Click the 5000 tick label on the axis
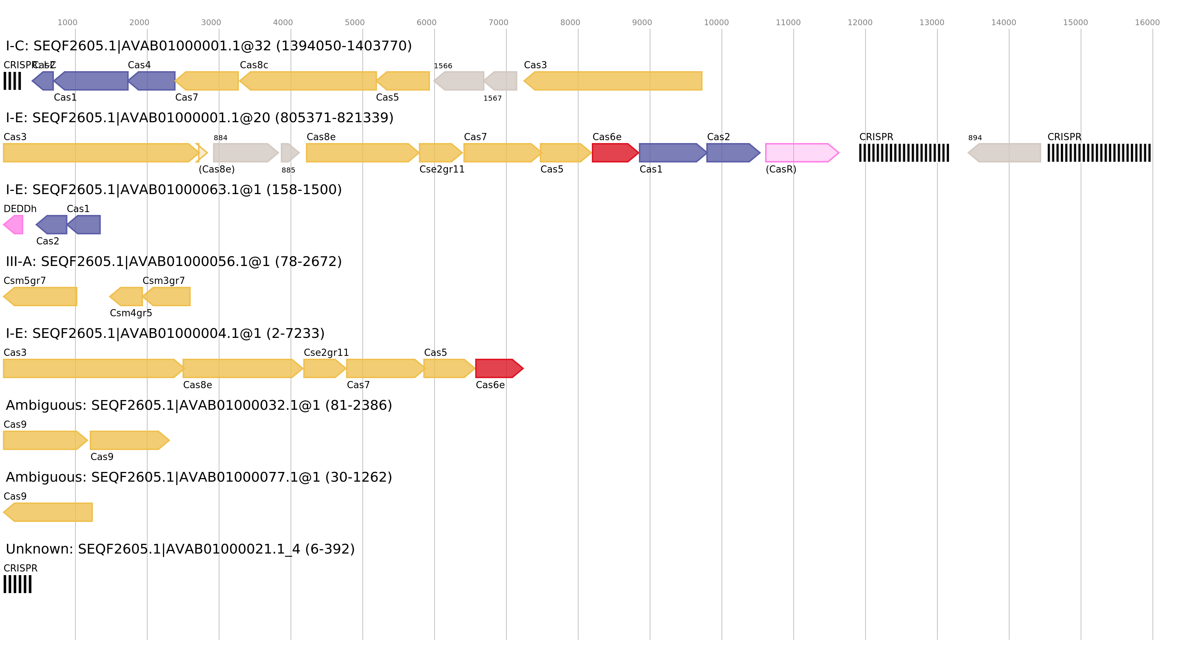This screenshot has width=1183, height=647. point(354,23)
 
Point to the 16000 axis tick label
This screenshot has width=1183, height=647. point(1147,23)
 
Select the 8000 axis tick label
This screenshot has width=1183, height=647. point(570,23)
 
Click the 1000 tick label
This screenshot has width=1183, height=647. point(67,23)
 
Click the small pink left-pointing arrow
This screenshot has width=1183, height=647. point(13,225)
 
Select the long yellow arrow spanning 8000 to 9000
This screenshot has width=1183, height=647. point(613,81)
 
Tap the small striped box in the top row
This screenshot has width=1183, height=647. point(13,81)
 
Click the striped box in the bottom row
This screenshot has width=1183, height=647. point(18,584)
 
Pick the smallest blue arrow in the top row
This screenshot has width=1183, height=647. point(43,81)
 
